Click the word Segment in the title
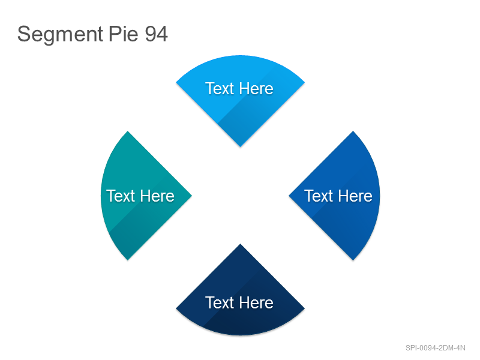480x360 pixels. coord(60,34)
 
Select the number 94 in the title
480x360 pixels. coord(156,34)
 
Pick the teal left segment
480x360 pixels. coord(144,196)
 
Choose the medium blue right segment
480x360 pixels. coord(337,196)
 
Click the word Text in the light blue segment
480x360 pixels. coord(220,89)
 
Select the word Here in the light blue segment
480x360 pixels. coord(256,89)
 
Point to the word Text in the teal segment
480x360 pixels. coord(121,196)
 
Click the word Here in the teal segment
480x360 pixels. coord(157,196)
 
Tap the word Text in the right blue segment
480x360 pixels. coord(319,196)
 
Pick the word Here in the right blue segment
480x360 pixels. coord(355,196)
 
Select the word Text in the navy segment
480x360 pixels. coord(220,303)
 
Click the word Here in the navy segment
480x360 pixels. coord(256,303)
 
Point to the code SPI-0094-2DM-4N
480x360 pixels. coord(436,348)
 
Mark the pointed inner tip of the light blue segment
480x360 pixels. coord(241,146)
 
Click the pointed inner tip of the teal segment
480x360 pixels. coord(191,196)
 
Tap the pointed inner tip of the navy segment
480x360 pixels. coord(241,244)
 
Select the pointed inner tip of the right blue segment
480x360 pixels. coord(289,196)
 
